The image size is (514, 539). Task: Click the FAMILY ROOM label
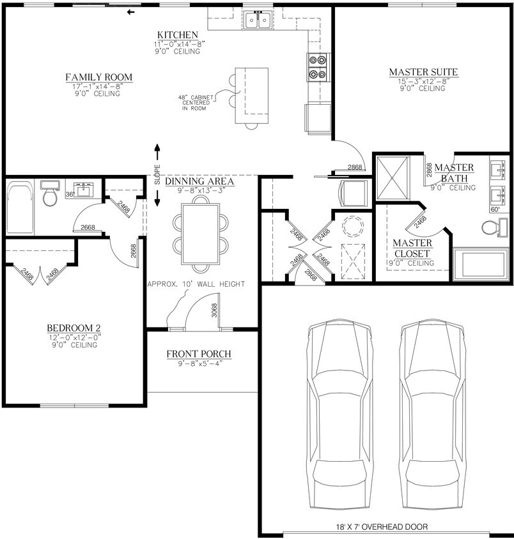click(x=98, y=78)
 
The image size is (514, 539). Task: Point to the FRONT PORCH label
click(x=198, y=354)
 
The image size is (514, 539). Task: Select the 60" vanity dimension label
click(x=494, y=209)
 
